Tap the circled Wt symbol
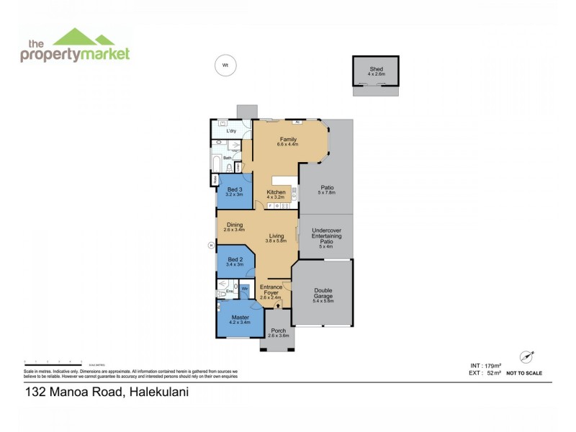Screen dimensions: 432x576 [225, 66]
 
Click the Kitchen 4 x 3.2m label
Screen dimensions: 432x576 [276, 194]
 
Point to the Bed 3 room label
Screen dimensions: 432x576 [234, 192]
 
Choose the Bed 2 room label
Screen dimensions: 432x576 [235, 261]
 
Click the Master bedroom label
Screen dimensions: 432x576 [240, 319]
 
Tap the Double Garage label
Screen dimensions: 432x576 [323, 294]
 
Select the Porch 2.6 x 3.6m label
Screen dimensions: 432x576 [278, 333]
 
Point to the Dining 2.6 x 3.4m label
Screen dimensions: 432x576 [235, 227]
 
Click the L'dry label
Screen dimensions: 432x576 [231, 131]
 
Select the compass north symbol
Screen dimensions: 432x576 [526, 357]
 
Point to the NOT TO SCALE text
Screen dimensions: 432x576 [524, 373]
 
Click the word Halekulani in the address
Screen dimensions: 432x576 [163, 392]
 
